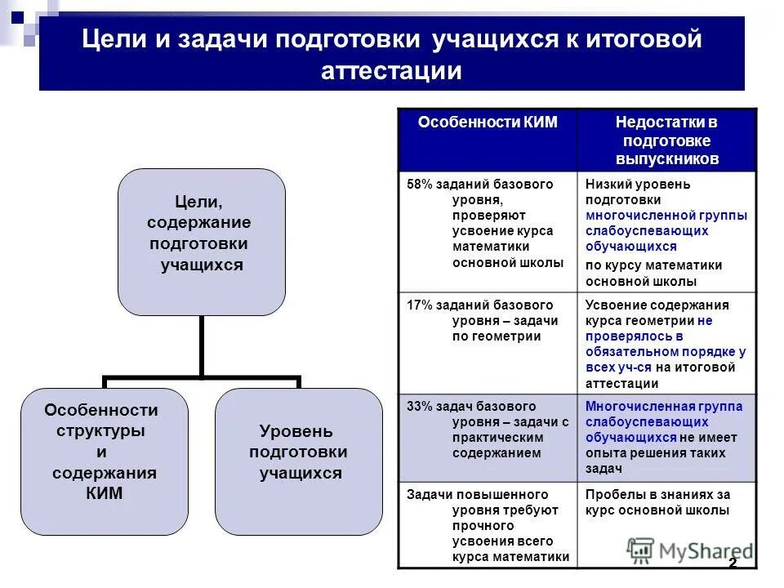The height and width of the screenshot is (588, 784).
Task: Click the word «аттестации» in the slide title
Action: click(392, 71)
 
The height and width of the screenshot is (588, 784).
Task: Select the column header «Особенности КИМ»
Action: click(488, 122)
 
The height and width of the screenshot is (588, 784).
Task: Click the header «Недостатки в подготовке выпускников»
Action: click(666, 140)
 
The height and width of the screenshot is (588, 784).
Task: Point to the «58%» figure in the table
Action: click(420, 185)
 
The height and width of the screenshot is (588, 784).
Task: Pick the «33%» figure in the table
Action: click(420, 407)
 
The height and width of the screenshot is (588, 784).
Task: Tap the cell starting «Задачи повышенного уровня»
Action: click(488, 525)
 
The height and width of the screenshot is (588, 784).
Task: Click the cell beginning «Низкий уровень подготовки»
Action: click(666, 232)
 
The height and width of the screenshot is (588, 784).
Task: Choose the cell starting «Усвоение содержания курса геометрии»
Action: click(666, 344)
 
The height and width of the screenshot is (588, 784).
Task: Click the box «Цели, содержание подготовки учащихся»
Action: click(201, 242)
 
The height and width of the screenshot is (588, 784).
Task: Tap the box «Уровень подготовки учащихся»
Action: click(298, 461)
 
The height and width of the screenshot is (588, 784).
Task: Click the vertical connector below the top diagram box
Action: click(201, 346)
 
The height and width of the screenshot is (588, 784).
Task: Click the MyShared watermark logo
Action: click(690, 551)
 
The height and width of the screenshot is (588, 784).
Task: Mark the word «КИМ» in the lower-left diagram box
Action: click(104, 493)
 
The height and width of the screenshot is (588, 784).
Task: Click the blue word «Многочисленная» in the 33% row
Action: click(629, 407)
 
